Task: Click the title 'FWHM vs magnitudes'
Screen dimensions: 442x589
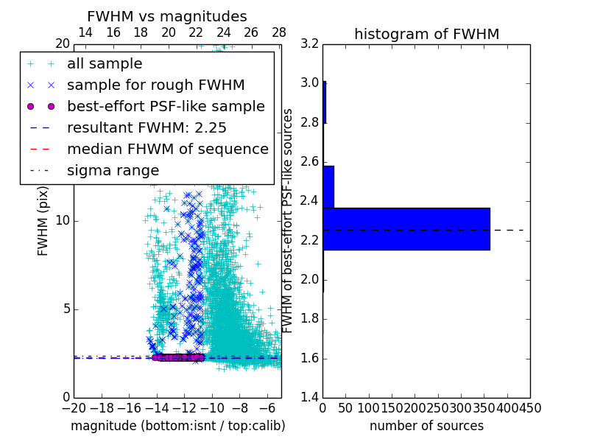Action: (166, 16)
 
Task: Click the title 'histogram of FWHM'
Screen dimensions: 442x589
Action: (426, 34)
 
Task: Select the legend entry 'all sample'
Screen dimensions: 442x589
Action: (105, 64)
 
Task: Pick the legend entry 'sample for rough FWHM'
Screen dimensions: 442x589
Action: (155, 85)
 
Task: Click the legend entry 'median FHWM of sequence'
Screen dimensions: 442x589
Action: (167, 149)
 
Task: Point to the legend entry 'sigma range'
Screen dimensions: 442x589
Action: (113, 170)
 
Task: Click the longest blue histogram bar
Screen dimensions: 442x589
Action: (406, 229)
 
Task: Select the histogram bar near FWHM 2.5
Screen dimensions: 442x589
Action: (328, 187)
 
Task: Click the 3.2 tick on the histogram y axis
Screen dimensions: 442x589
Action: (310, 43)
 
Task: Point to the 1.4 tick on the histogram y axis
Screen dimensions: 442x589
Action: (310, 398)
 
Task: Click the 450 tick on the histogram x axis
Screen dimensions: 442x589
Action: (530, 407)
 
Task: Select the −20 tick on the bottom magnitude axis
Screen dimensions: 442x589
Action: (74, 407)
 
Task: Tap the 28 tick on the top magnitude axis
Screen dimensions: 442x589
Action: (279, 33)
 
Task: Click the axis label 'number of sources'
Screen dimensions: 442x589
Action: (426, 426)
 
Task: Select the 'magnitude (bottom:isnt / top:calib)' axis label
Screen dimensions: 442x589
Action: (177, 426)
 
